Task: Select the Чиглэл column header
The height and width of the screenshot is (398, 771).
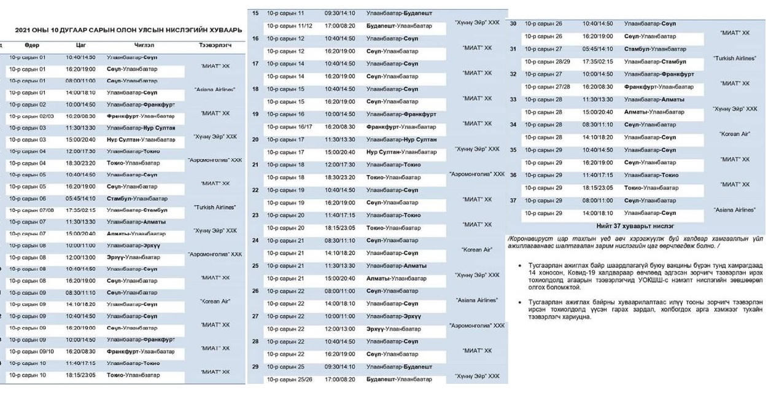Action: coord(144,45)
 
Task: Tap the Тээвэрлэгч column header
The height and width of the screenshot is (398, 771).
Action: coord(215,45)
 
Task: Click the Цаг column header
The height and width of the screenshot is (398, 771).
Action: coord(80,45)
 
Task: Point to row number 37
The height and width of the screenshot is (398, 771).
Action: coord(513,200)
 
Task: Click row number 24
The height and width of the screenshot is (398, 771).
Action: coord(255,240)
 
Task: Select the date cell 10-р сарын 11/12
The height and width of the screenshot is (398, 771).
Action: coord(290,26)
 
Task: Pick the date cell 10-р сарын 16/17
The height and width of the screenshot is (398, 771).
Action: coord(290,127)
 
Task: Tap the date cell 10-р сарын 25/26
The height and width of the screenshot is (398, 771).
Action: coord(290,380)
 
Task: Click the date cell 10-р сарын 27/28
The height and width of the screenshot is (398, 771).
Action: coord(548,87)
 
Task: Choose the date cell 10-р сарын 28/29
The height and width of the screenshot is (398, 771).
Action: coord(548,62)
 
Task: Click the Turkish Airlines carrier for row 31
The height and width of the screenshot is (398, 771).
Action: coord(735,58)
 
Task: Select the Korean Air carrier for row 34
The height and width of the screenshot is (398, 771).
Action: coord(735,134)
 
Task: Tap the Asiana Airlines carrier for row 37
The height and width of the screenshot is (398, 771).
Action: coord(735,210)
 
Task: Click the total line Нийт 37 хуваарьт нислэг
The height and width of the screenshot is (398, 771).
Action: coord(635,226)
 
